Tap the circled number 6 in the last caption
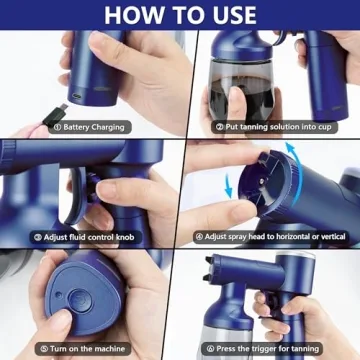click(x=208, y=349)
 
